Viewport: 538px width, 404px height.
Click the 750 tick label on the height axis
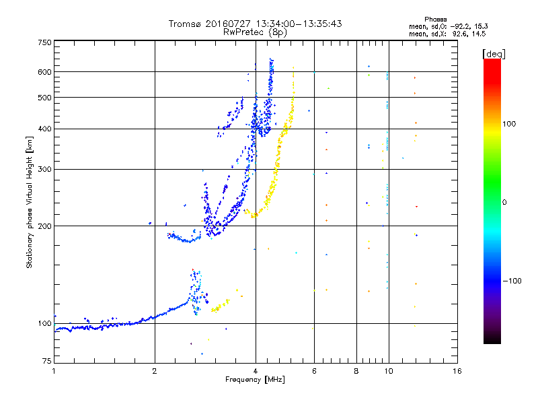pos(44,42)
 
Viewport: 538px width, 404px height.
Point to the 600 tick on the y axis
pos(44,71)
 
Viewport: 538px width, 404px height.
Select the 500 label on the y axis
pos(44,97)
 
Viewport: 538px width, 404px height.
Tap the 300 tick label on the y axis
pos(44,169)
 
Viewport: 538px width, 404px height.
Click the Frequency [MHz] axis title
pos(255,380)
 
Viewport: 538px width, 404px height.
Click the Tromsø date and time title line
pos(255,24)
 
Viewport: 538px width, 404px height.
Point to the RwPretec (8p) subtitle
pos(255,32)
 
